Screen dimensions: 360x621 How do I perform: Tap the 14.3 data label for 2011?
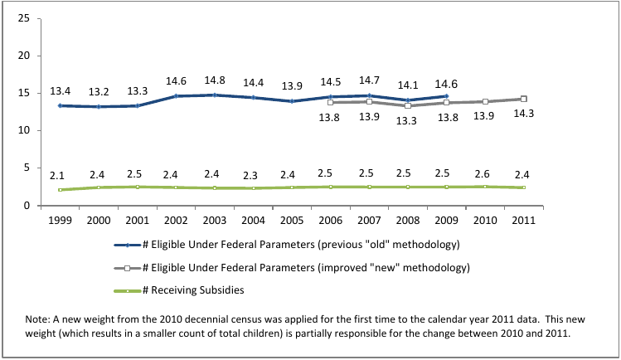523,114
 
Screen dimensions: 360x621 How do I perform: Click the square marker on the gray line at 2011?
523,99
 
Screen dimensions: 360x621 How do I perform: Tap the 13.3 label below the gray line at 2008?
406,120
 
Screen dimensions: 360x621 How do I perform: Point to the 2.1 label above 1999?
58,175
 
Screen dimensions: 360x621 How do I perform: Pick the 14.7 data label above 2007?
368,80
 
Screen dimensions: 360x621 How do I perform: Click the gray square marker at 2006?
330,102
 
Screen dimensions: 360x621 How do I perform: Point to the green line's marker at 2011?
523,187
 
